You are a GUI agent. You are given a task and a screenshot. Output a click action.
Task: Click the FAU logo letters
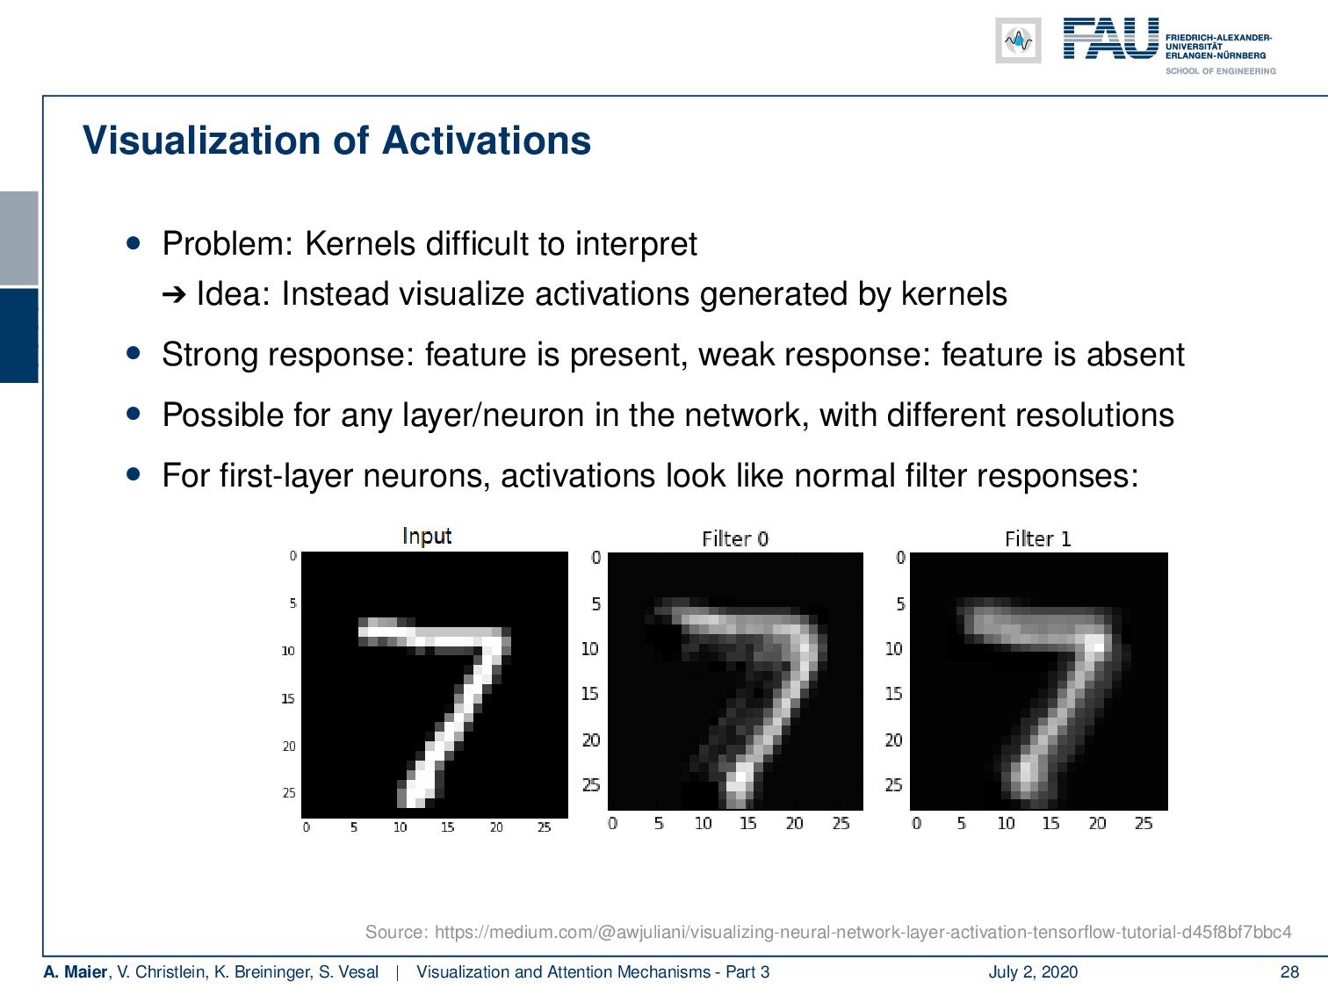(x=1111, y=38)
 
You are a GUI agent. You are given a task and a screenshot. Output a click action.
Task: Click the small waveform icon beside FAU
(x=1018, y=40)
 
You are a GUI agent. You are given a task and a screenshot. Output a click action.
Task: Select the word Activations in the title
(x=486, y=141)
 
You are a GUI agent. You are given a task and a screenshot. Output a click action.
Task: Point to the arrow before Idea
(x=174, y=295)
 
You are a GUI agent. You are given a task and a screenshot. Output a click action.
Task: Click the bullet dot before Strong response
(x=134, y=353)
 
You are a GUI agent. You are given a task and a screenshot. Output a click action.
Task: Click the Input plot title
(x=427, y=537)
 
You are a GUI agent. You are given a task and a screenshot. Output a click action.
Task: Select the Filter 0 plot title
(x=735, y=538)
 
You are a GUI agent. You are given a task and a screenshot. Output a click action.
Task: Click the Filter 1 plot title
(x=1037, y=538)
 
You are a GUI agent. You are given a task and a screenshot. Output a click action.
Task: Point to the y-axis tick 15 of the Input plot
(x=288, y=698)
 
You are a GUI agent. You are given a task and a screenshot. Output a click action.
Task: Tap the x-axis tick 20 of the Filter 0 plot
(x=794, y=823)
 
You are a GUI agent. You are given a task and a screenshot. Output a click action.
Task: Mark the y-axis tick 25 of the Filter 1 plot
(x=893, y=785)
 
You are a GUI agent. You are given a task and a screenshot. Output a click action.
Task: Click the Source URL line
(x=828, y=932)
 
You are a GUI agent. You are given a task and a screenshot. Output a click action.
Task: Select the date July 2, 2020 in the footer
(x=1033, y=971)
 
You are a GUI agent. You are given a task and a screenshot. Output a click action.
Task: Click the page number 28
(x=1289, y=971)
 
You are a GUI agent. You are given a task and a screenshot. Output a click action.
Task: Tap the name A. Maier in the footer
(x=76, y=971)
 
